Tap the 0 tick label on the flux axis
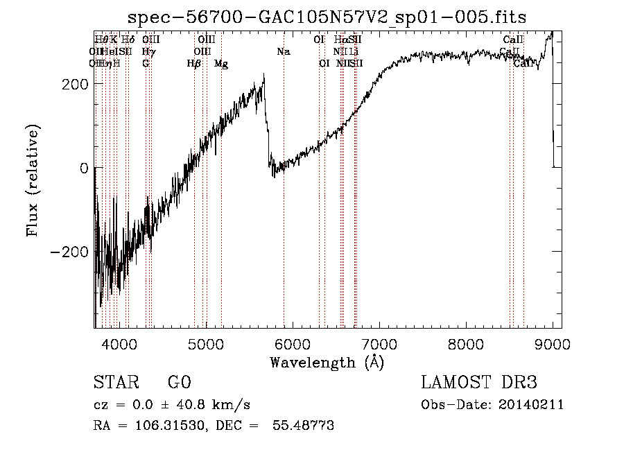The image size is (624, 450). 83,168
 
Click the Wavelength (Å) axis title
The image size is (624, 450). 327,362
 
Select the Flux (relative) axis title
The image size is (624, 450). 33,180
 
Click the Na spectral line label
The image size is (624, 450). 283,51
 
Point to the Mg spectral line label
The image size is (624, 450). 221,64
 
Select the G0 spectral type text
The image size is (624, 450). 179,383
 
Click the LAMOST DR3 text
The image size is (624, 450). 479,383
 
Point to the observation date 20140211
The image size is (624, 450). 533,405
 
